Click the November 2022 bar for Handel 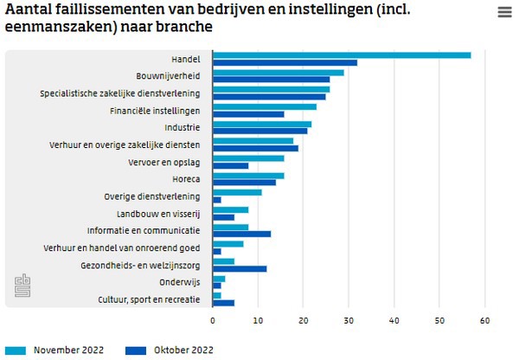click(342, 55)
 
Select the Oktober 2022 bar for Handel click(285, 62)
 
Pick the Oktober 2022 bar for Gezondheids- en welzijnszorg click(240, 268)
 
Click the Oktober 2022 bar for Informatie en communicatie click(242, 234)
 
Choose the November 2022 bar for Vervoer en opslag click(248, 158)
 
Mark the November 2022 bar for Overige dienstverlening click(237, 192)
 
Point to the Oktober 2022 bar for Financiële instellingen click(248, 113)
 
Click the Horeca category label click(186, 179)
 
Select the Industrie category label click(182, 128)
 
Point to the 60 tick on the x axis click(485, 320)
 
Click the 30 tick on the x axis click(349, 320)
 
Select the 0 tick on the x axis click(213, 320)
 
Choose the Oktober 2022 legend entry click(169, 350)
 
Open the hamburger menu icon click(504, 12)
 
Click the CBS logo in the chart click(22, 286)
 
